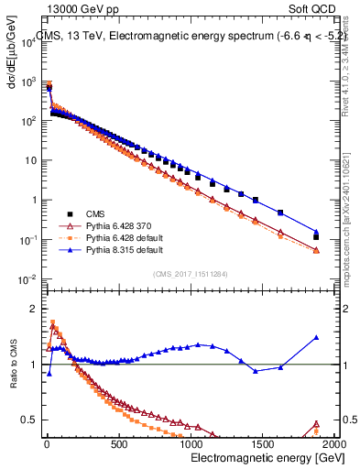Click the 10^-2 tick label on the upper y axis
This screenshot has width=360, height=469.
point(27,279)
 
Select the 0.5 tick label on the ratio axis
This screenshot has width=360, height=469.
point(28,420)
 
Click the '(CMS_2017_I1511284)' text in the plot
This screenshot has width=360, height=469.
point(191,272)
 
